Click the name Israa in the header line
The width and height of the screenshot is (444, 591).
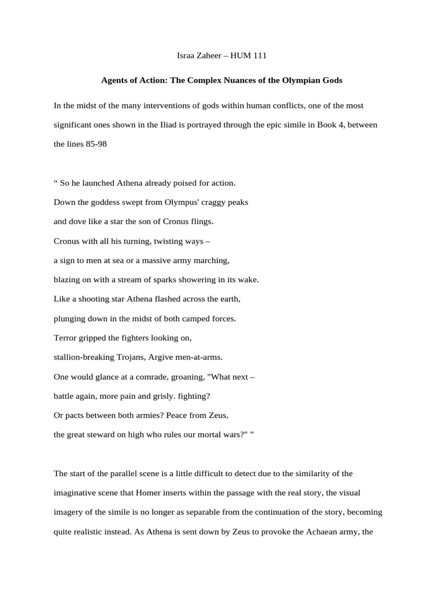pyautogui.click(x=186, y=56)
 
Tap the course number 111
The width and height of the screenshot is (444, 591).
pyautogui.click(x=260, y=56)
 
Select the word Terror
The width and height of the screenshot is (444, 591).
pyautogui.click(x=66, y=338)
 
